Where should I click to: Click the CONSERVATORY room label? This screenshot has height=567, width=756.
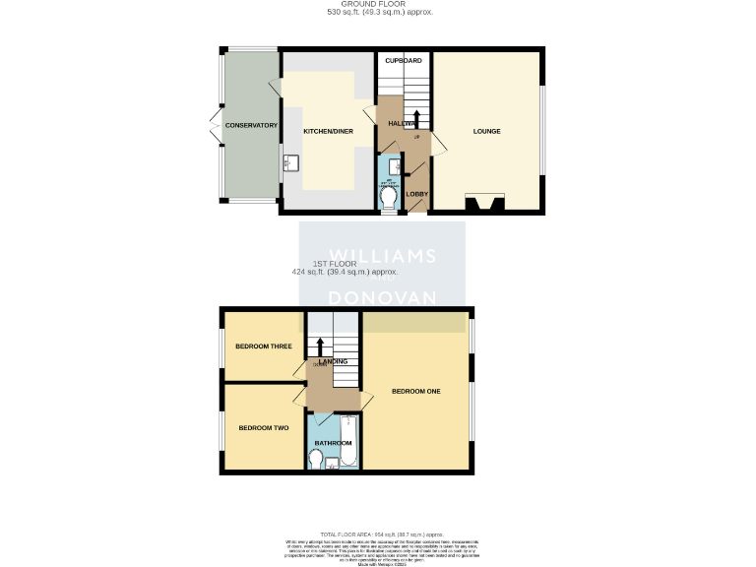pyautogui.click(x=251, y=126)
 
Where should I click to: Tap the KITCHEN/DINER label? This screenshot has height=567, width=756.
pyautogui.click(x=328, y=131)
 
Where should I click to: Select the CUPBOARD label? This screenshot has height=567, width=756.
pyautogui.click(x=403, y=61)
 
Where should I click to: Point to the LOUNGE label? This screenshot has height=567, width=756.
pyautogui.click(x=486, y=131)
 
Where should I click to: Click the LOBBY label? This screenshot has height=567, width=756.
pyautogui.click(x=417, y=194)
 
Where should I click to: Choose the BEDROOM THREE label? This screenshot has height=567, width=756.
pyautogui.click(x=263, y=346)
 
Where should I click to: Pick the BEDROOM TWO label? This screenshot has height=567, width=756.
pyautogui.click(x=263, y=428)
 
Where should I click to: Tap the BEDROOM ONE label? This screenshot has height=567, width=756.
pyautogui.click(x=415, y=391)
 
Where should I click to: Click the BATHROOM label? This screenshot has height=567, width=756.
pyautogui.click(x=333, y=443)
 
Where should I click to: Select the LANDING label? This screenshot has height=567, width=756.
pyautogui.click(x=333, y=361)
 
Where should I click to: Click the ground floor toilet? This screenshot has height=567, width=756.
pyautogui.click(x=390, y=200)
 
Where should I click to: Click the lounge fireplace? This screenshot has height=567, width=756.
pyautogui.click(x=485, y=204)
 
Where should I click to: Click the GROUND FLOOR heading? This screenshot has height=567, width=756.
pyautogui.click(x=379, y=5)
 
